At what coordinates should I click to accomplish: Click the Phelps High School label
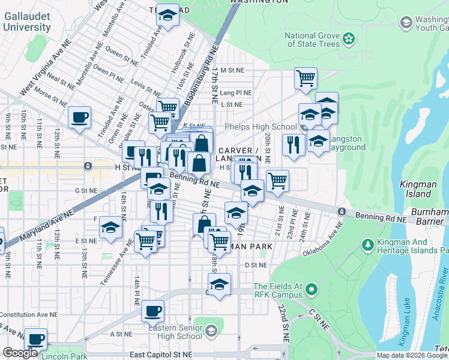pos(261,127)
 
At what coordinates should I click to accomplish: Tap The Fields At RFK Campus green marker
pos(311,291)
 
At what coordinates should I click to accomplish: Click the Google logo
pos(20,353)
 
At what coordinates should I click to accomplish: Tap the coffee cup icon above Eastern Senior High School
pos(153,311)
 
